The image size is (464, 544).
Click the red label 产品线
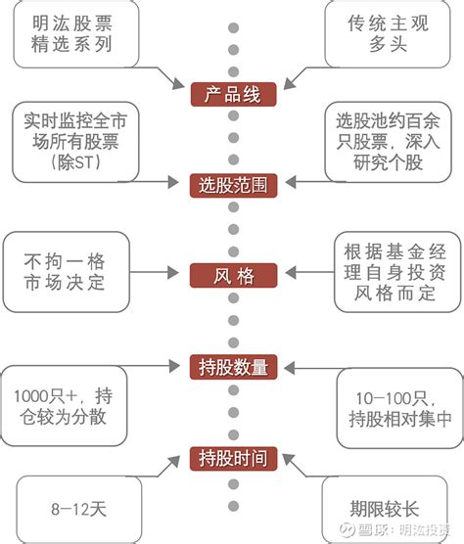(x=232, y=96)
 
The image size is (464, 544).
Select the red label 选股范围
(x=232, y=183)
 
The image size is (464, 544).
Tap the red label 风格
(x=232, y=276)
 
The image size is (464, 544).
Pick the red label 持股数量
(x=232, y=367)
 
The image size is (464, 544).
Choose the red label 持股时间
(x=232, y=456)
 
